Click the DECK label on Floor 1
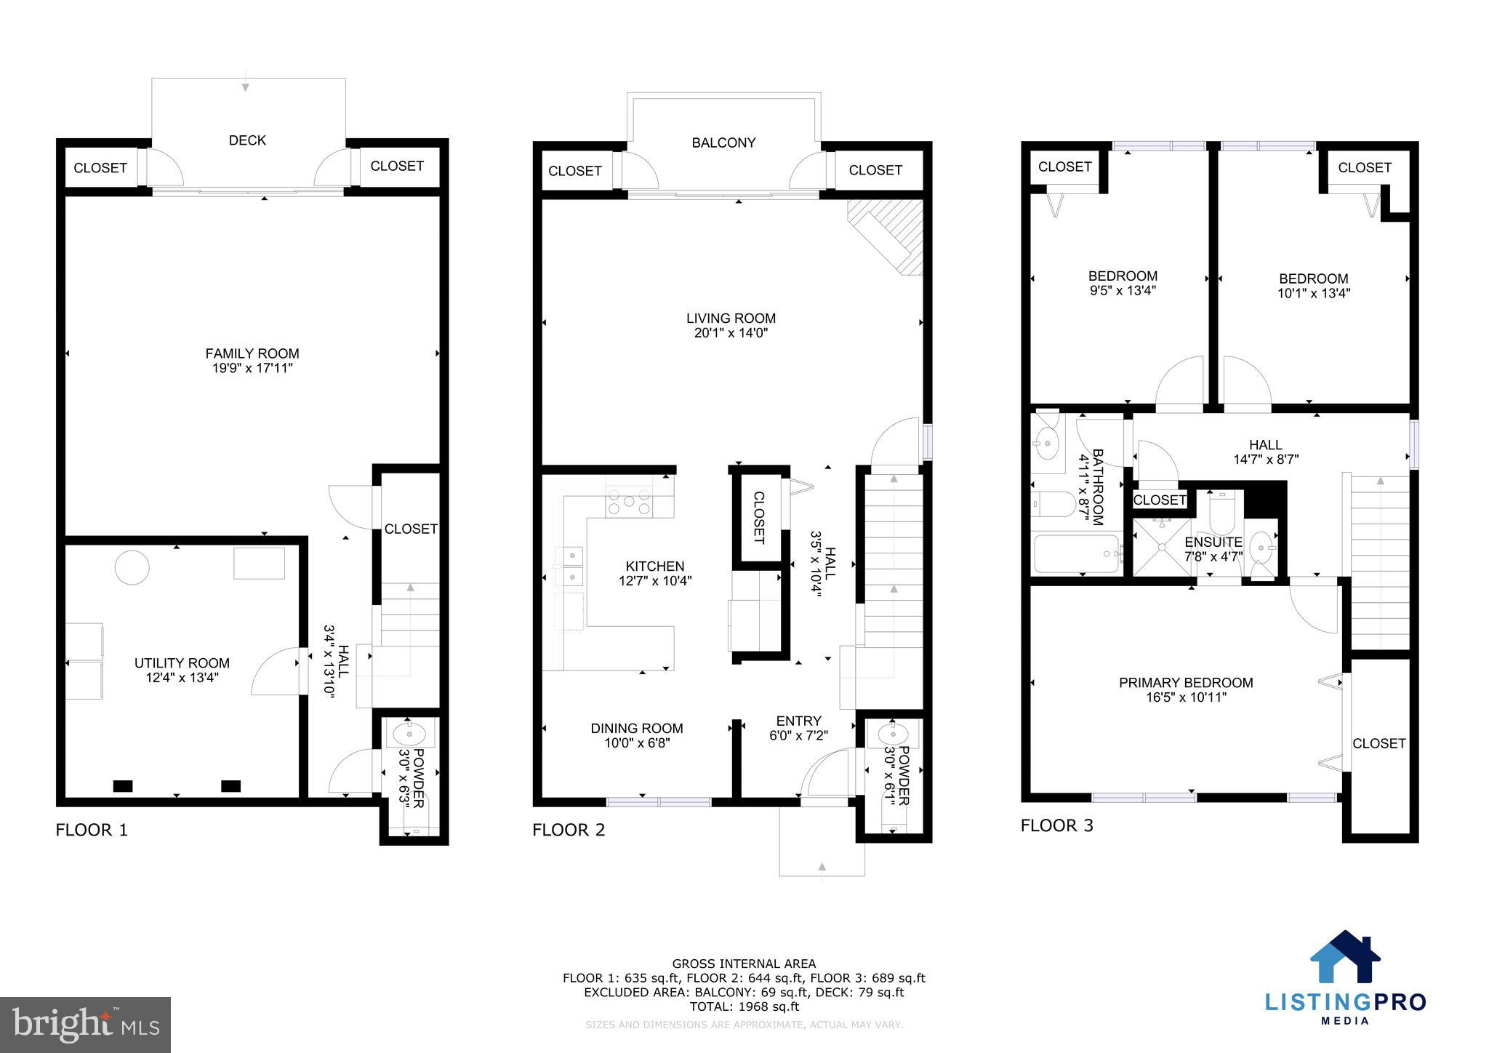click(247, 140)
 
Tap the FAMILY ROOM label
click(252, 353)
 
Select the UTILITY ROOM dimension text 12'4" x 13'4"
click(182, 678)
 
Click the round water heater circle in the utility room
click(132, 566)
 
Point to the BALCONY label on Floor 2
click(723, 143)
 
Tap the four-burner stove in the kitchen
click(629, 502)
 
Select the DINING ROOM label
click(636, 728)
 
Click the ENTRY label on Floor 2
click(798, 721)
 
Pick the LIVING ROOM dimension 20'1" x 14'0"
click(731, 333)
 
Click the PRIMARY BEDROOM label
click(1185, 683)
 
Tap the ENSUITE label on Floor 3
click(1213, 542)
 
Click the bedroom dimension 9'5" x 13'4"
click(1122, 290)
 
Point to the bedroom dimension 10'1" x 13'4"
click(1313, 293)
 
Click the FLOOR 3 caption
click(1056, 825)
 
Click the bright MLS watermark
click(85, 1025)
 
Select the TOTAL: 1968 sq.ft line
click(744, 1006)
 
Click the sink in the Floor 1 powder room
click(409, 734)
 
